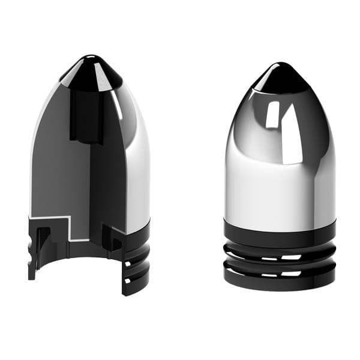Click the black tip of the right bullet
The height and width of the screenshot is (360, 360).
[280, 78]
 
